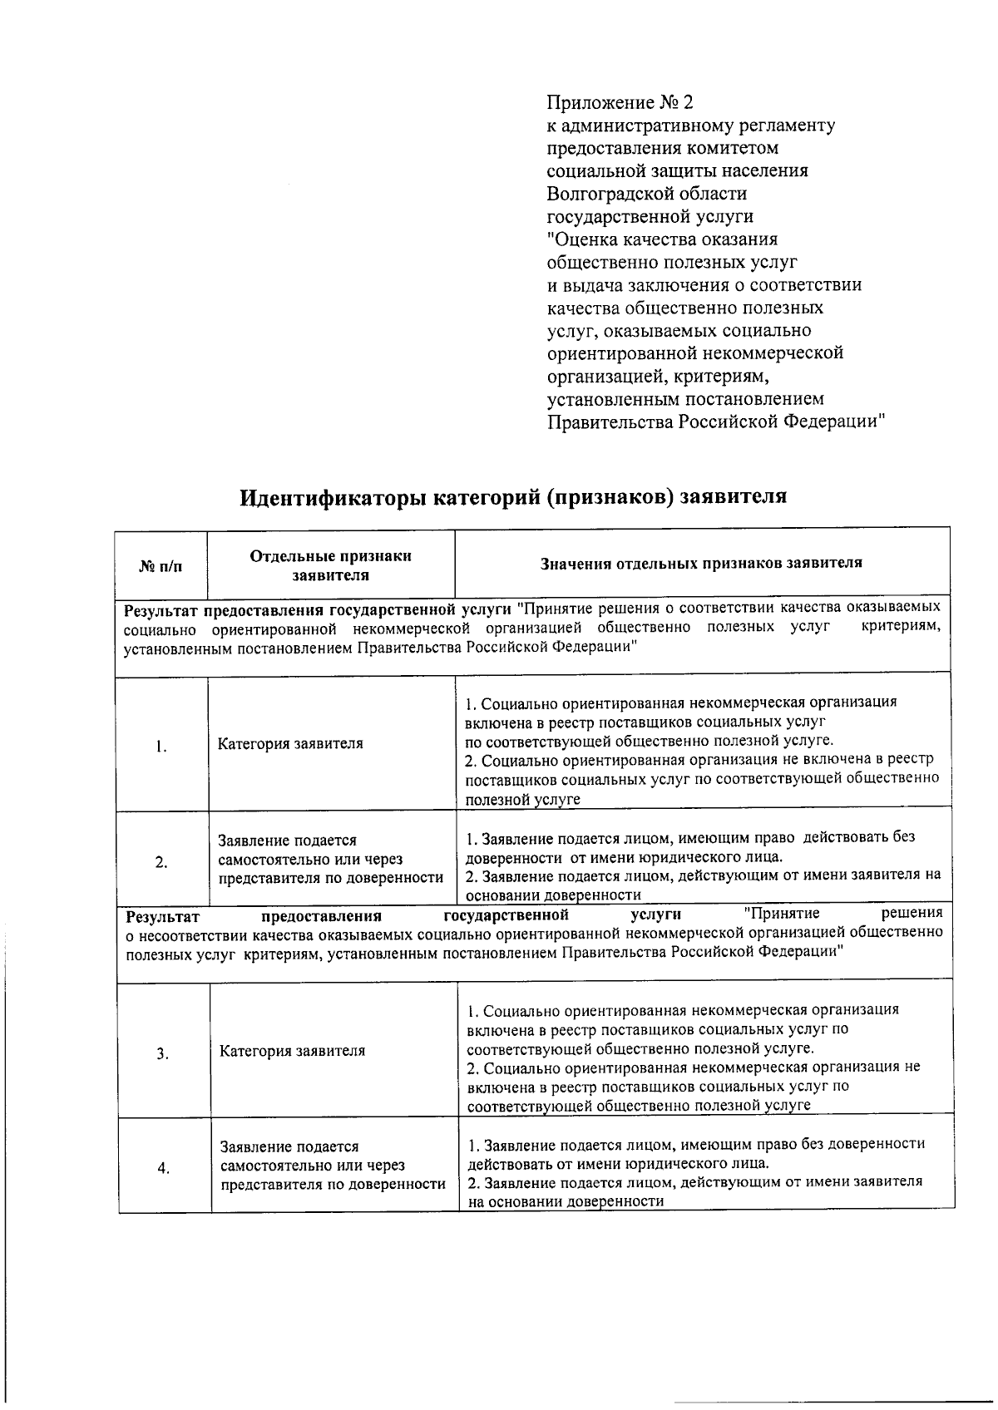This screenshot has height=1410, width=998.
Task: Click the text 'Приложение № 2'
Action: (619, 103)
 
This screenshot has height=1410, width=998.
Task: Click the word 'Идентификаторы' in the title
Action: (335, 497)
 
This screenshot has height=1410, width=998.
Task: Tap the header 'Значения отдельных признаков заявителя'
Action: (701, 563)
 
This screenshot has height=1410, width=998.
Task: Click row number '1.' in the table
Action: (161, 746)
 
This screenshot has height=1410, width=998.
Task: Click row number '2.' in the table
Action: (161, 861)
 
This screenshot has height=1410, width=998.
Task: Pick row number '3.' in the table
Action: (163, 1054)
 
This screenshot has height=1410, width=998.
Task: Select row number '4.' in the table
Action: (163, 1168)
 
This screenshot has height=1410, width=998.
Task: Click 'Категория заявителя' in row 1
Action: (290, 743)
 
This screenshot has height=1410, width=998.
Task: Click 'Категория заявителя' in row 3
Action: (292, 1051)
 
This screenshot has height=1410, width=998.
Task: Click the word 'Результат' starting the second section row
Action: (163, 917)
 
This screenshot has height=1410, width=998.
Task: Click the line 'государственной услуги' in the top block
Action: (650, 217)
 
